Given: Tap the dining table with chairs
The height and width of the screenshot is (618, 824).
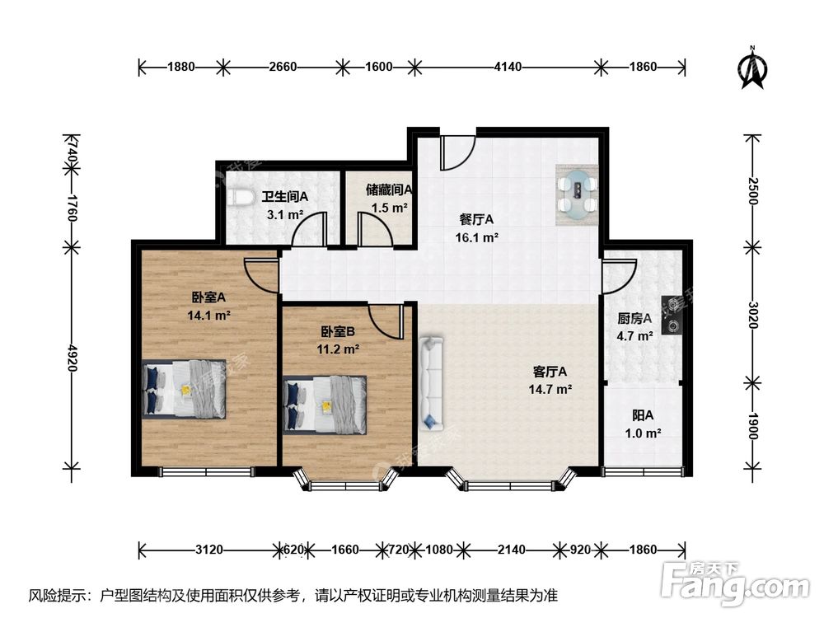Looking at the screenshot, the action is point(577,195).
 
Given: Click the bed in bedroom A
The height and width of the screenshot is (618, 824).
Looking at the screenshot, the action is point(184,389).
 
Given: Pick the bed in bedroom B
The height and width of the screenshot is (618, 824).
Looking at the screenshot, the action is point(325,405).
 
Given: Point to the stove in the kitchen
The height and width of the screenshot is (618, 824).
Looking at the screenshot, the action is point(672,316).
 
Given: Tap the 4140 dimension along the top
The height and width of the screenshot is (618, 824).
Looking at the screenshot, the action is point(508,67).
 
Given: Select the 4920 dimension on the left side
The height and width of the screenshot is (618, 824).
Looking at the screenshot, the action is point(72,358).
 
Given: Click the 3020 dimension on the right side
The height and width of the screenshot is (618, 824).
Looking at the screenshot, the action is point(753,315).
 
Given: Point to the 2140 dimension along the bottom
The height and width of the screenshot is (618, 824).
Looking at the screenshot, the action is point(512,550).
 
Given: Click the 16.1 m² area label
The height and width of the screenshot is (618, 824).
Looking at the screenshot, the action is point(476,237).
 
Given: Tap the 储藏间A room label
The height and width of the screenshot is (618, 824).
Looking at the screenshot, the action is point(390,190).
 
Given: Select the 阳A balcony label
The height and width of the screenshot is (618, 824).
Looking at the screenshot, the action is point(643,415).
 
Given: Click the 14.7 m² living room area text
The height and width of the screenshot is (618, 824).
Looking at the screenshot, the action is point(550,390).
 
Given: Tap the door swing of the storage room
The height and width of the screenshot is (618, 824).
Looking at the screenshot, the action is point(375,229).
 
